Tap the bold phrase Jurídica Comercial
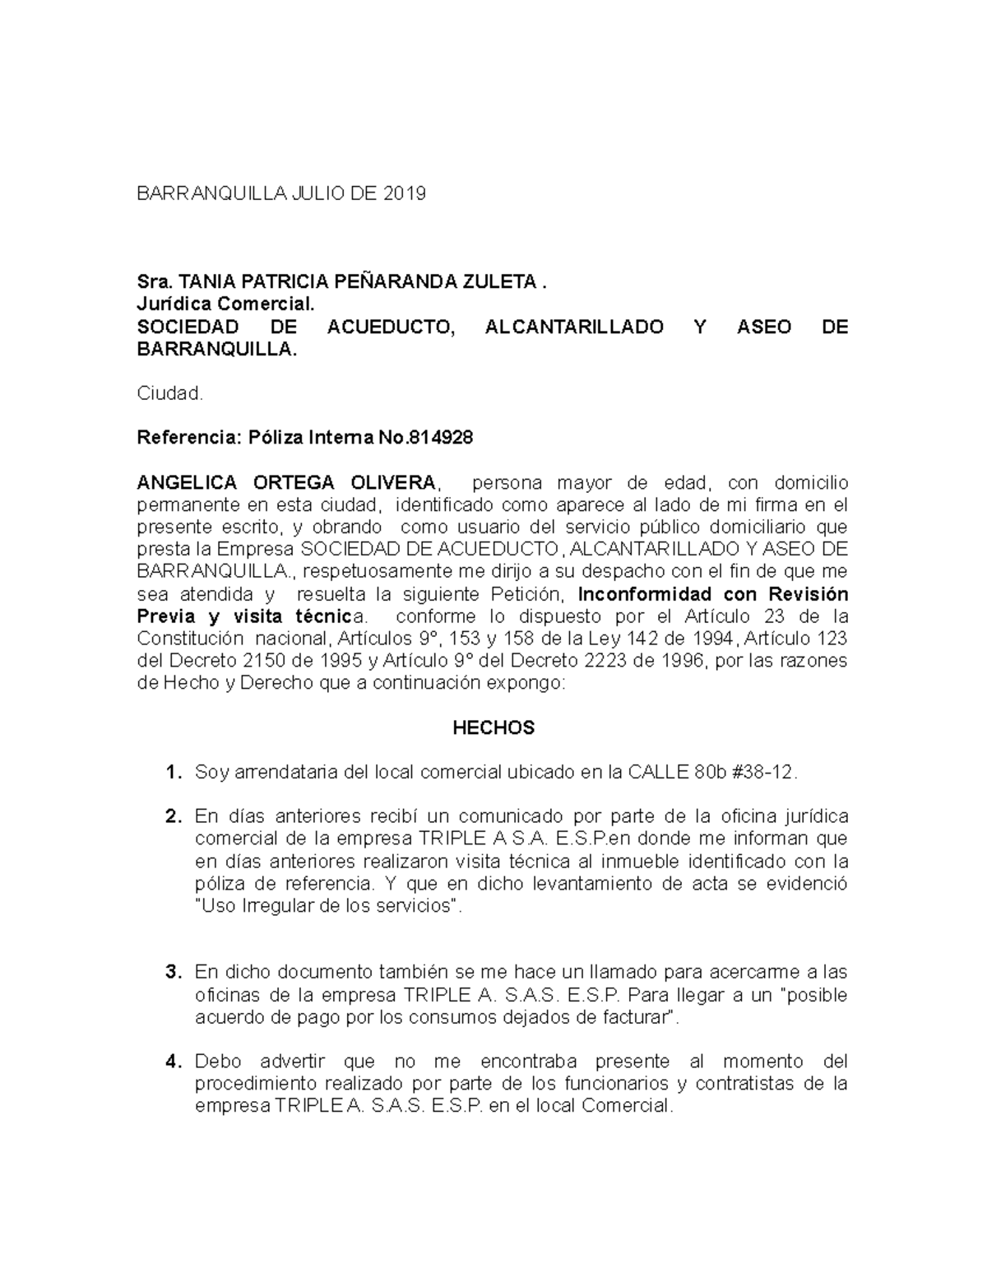click(225, 304)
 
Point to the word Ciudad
click(169, 393)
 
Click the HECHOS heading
click(493, 728)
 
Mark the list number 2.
click(172, 817)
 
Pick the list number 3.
click(172, 973)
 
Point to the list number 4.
click(172, 1062)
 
